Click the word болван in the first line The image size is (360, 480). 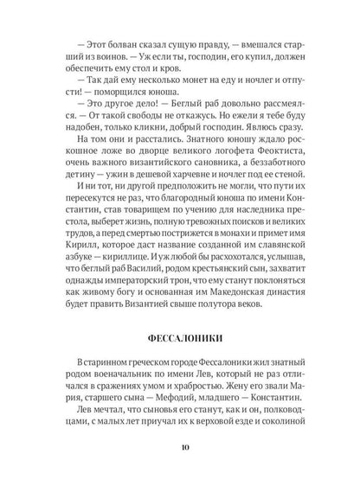coord(101,41)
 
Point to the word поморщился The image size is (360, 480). coord(120,96)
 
